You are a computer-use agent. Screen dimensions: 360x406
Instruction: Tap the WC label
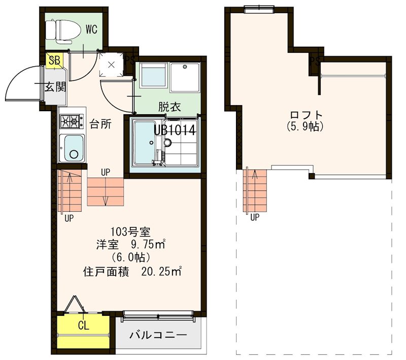91,29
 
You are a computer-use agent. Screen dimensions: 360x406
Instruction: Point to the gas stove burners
72,121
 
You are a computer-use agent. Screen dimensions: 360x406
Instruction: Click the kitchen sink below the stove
72,148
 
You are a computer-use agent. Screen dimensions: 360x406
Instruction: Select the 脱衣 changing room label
170,107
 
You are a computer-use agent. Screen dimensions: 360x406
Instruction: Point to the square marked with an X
111,65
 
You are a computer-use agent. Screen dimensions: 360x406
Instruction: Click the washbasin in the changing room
153,76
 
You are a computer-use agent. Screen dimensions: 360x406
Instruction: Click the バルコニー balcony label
158,335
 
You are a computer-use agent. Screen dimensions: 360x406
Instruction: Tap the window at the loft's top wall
258,7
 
